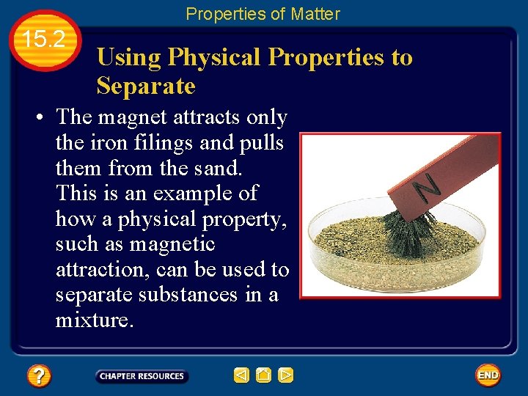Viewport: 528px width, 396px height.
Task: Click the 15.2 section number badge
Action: click(x=45, y=40)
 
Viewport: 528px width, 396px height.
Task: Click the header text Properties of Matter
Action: click(x=263, y=13)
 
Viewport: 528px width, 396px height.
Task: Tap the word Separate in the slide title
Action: click(x=146, y=87)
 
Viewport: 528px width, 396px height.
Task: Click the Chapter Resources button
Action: click(x=142, y=376)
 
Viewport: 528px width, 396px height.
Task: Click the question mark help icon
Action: click(x=38, y=376)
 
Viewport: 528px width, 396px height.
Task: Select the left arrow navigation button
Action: click(x=241, y=375)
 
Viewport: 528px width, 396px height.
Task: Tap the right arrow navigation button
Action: click(x=286, y=375)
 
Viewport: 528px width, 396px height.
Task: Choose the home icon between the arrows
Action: click(x=264, y=375)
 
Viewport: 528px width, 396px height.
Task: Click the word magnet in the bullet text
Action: click(x=134, y=117)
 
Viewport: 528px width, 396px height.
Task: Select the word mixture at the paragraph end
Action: click(x=92, y=320)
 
